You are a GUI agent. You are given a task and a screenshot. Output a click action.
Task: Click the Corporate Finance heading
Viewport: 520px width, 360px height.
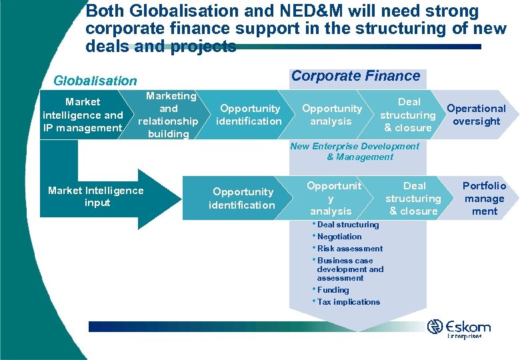point(355,76)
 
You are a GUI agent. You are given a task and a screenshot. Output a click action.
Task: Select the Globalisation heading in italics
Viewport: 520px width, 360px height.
point(95,81)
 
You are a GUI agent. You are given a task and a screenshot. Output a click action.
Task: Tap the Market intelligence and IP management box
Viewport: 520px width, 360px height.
point(83,115)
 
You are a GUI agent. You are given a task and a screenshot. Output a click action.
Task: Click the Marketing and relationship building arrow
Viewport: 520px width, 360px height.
point(168,115)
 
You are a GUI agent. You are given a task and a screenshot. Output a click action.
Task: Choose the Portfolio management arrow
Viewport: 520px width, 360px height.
point(484,199)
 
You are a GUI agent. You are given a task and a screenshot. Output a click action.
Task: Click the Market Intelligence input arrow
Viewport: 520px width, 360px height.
point(96,197)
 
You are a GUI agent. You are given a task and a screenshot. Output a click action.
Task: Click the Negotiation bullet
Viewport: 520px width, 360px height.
point(339,237)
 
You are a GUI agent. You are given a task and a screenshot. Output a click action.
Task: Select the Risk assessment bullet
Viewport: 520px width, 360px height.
point(350,249)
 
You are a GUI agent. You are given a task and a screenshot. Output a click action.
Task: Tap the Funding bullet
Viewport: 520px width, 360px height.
point(333,290)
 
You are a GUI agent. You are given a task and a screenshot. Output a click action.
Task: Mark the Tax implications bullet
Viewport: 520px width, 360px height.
point(348,302)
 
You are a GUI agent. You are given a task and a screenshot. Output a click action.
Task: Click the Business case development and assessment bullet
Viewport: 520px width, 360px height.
point(350,269)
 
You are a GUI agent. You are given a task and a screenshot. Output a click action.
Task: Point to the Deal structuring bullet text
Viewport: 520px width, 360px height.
point(347,225)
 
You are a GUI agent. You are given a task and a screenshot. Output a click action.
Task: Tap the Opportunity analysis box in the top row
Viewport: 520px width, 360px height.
point(331,115)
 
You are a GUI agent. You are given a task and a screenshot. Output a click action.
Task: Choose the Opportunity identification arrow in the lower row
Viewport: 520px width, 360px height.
point(241,199)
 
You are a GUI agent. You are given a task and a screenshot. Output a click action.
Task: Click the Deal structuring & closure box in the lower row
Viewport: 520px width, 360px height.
point(413,199)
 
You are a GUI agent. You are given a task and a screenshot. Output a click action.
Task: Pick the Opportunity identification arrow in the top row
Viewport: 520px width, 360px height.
point(250,115)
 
